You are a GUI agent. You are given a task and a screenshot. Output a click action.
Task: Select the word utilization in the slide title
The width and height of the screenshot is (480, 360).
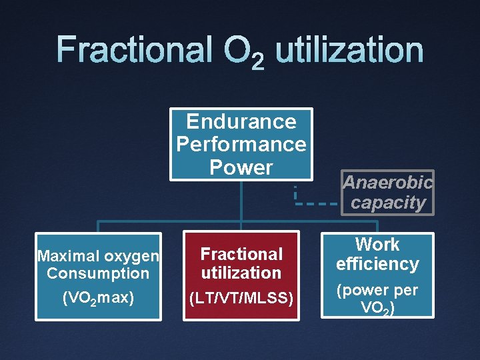[x=349, y=51]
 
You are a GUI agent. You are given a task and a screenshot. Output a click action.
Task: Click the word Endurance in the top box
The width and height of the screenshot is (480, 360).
[x=241, y=121]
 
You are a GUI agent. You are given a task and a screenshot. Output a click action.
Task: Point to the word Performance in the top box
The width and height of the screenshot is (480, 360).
[x=241, y=144]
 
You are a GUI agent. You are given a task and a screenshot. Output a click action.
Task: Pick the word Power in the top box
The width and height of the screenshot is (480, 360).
[x=241, y=167]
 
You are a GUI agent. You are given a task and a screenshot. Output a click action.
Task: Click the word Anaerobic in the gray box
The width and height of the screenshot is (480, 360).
[x=388, y=182]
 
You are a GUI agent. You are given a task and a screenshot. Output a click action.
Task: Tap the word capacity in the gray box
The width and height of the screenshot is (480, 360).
[x=388, y=203]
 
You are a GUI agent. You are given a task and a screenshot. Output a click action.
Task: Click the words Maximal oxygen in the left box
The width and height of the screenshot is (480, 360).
[x=98, y=256]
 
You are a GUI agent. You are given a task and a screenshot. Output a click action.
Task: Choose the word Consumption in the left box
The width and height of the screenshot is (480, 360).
[x=98, y=273]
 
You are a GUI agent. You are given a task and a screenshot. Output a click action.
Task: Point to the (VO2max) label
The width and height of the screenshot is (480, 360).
[x=98, y=298]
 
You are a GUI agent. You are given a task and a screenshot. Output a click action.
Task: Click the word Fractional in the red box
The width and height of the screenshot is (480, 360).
[x=241, y=254]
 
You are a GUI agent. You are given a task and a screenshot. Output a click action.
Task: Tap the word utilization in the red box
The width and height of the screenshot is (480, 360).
[x=241, y=273]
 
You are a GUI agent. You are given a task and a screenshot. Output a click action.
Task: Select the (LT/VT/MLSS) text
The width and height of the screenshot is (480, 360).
[x=241, y=298]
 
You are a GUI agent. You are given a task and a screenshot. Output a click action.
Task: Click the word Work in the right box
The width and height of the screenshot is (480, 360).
[x=377, y=245]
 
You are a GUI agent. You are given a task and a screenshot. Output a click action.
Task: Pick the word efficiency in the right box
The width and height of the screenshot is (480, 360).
[x=377, y=264]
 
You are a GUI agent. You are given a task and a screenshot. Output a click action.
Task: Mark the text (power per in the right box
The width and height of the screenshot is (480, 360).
[x=377, y=291]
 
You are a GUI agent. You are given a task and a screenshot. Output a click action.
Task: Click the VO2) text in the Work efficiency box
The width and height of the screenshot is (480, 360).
[x=377, y=308]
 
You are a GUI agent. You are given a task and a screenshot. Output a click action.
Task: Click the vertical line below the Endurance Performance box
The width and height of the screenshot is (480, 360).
[x=241, y=200]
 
